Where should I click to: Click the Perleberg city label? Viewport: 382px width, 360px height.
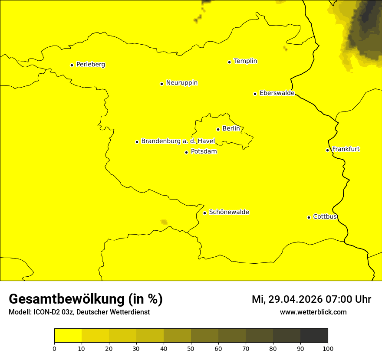(x=90, y=65)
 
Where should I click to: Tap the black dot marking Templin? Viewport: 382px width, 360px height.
(x=229, y=62)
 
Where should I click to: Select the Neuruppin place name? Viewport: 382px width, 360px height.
(x=181, y=83)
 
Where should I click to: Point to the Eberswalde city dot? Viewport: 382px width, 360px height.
(x=255, y=94)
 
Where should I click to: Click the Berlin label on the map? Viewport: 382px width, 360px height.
(x=231, y=129)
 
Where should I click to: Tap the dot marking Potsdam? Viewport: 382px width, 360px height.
(x=186, y=152)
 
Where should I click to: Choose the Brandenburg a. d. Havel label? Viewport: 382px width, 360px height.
(x=178, y=141)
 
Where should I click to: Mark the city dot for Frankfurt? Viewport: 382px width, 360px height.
(x=327, y=150)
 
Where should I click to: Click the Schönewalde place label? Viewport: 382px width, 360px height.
(x=229, y=212)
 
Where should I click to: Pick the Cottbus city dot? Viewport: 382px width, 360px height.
(x=309, y=217)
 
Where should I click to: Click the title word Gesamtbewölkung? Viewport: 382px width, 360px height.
(x=67, y=299)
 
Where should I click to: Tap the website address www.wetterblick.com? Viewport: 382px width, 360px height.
(x=313, y=312)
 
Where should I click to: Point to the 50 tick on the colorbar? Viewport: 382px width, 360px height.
(x=191, y=348)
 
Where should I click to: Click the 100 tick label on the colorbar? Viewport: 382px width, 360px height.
(x=328, y=348)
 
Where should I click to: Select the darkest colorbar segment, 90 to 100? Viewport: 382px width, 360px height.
(x=314, y=335)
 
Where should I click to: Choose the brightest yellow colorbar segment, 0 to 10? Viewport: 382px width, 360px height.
(x=68, y=335)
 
